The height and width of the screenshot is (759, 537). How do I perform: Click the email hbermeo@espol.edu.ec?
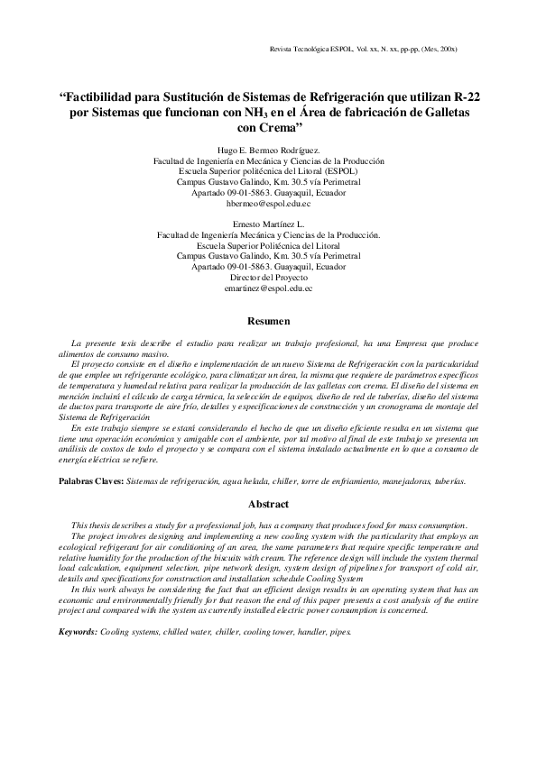tap(268, 204)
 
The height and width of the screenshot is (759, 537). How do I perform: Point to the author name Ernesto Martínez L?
tap(268, 223)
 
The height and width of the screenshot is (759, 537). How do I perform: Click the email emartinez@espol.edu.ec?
tap(268, 288)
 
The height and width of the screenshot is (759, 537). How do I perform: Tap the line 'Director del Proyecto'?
tap(268, 278)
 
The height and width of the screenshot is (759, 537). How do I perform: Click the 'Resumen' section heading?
tap(268, 321)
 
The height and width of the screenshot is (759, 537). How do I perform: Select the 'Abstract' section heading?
tap(268, 505)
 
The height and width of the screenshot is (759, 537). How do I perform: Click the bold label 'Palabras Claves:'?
tap(91, 482)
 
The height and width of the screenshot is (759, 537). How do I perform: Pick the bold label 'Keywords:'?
tap(78, 633)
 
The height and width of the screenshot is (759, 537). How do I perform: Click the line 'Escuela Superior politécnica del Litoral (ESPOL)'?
tap(268, 171)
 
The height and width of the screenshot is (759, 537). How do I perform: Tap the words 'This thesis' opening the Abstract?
tap(91, 525)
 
